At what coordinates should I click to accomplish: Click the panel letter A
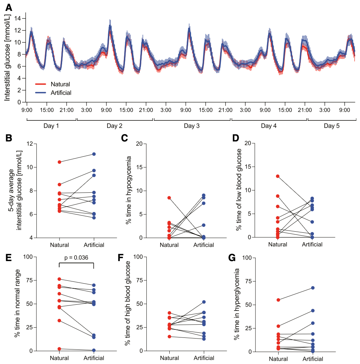click(x=8, y=7)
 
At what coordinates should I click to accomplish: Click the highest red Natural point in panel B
click(x=59, y=162)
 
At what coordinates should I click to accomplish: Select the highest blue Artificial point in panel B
click(x=94, y=154)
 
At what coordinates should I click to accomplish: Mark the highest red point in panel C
click(x=169, y=197)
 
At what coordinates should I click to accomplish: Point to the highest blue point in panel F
click(x=204, y=302)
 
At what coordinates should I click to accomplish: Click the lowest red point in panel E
click(x=59, y=349)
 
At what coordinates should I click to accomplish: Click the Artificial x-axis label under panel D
click(x=312, y=244)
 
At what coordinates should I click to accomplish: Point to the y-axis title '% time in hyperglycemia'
click(x=237, y=304)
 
